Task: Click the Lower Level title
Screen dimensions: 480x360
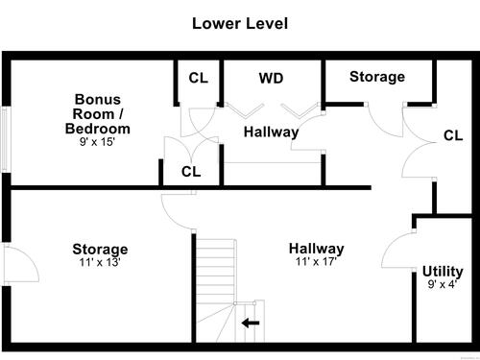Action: coord(240,24)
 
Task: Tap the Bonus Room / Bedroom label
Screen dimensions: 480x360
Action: coord(98,114)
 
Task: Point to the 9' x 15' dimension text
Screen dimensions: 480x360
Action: coord(97,142)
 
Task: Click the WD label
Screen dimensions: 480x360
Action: coord(271,78)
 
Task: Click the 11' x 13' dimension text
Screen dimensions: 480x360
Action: coord(100,262)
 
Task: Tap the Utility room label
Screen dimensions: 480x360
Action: coord(443,272)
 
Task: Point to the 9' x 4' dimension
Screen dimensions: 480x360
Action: coord(443,284)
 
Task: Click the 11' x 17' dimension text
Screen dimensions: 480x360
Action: coord(316,262)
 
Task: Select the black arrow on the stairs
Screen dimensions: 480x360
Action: coord(251,323)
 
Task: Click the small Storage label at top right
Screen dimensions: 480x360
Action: coord(377,77)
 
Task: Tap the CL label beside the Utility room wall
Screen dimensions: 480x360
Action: coord(453,135)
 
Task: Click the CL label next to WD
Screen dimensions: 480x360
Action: coord(199,78)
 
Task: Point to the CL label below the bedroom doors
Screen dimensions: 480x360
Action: coord(191,172)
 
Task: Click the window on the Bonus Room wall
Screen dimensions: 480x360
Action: coord(5,139)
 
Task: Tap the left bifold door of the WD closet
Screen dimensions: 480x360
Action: coord(245,109)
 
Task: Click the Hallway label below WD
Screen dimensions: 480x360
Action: coord(271,132)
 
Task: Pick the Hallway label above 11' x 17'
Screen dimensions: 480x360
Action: coord(317,249)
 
